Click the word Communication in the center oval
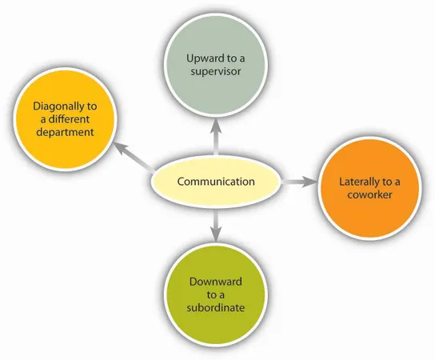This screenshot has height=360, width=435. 215,182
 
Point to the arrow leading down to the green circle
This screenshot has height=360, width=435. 215,229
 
